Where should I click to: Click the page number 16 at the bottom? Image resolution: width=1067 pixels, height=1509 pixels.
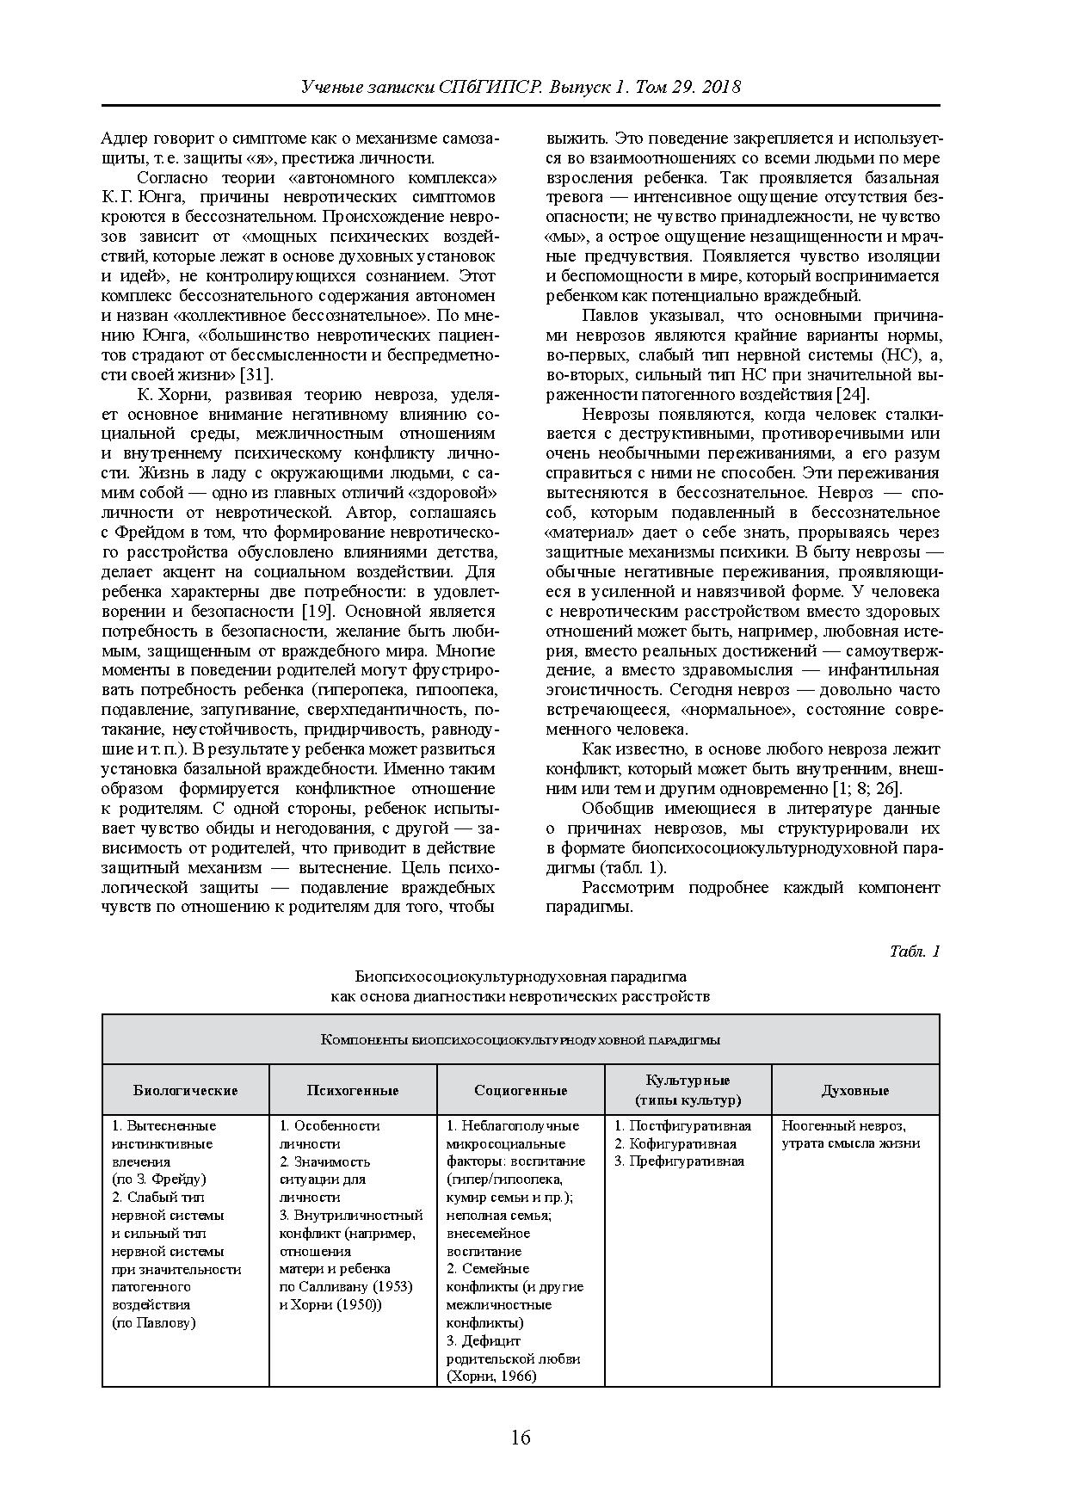(x=521, y=1438)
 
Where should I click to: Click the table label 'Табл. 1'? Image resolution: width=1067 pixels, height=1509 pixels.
(x=915, y=951)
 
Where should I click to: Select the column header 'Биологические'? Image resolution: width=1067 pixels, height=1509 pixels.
(x=185, y=1090)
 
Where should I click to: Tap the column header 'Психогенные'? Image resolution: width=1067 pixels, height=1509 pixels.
(x=353, y=1090)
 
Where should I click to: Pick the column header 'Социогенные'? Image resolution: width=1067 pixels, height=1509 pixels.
(x=521, y=1090)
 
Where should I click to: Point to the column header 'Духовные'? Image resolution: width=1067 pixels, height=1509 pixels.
(x=854, y=1090)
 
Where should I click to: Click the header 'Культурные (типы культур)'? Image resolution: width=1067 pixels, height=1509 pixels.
(x=688, y=1090)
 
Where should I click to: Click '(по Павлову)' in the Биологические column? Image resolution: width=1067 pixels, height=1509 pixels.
(x=154, y=1322)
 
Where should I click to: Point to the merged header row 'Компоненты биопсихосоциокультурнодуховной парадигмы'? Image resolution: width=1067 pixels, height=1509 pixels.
(x=521, y=1039)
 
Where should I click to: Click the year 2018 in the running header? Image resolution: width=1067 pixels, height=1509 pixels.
(x=721, y=88)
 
